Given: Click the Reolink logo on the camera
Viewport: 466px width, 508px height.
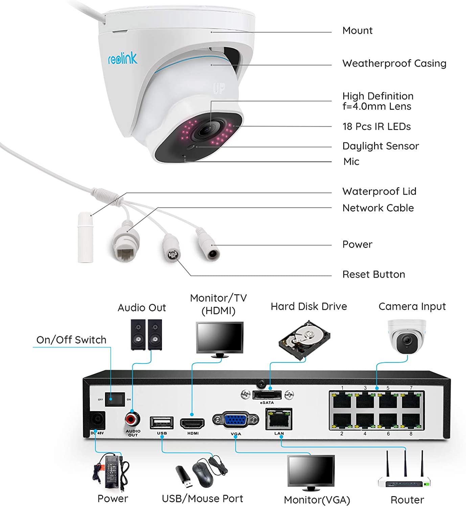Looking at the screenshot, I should click(122, 58).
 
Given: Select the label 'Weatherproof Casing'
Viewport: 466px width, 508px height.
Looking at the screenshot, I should click(394, 63).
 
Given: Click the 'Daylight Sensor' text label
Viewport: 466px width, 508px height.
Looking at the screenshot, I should click(380, 146).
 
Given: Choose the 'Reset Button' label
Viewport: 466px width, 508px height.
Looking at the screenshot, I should click(373, 274).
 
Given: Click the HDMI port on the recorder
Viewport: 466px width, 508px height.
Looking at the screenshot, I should click(192, 423).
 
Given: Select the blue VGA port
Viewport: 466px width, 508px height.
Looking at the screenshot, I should click(236, 420).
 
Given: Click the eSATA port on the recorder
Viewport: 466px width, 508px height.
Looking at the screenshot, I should click(267, 395).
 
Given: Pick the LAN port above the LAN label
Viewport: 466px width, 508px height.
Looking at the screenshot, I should click(279, 420).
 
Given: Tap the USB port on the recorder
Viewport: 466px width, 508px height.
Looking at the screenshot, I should click(162, 423).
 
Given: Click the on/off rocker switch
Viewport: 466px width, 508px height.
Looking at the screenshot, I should click(115, 399).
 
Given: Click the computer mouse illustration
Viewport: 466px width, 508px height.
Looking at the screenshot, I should click(203, 473).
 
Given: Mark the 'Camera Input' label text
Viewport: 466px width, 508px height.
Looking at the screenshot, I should click(412, 306).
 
